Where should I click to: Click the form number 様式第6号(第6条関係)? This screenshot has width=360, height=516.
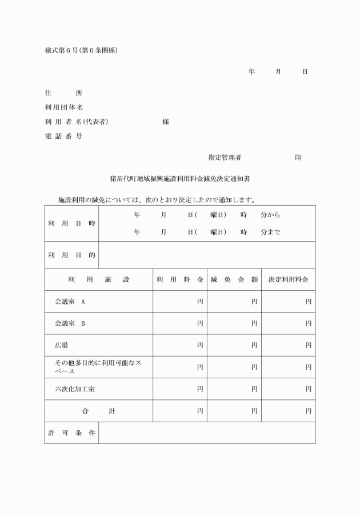81,50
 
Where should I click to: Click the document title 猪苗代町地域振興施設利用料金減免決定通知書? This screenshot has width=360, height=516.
179,179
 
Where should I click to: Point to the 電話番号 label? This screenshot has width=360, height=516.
63,136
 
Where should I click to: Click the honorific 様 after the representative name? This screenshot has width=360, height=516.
166,122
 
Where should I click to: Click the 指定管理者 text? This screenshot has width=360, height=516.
225,157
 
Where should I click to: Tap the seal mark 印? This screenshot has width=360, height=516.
298,157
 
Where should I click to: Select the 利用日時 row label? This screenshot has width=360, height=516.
71,223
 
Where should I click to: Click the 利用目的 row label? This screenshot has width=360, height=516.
71,255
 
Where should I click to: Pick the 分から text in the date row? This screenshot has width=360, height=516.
270,215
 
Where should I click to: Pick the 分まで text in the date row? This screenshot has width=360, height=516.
270,233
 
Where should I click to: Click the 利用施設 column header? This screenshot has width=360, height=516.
99,280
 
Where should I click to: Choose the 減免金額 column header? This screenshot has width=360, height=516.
234,280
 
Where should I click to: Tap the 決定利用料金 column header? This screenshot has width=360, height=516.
289,280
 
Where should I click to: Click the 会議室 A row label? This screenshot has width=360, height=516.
70,301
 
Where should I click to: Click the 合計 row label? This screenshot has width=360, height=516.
99,411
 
